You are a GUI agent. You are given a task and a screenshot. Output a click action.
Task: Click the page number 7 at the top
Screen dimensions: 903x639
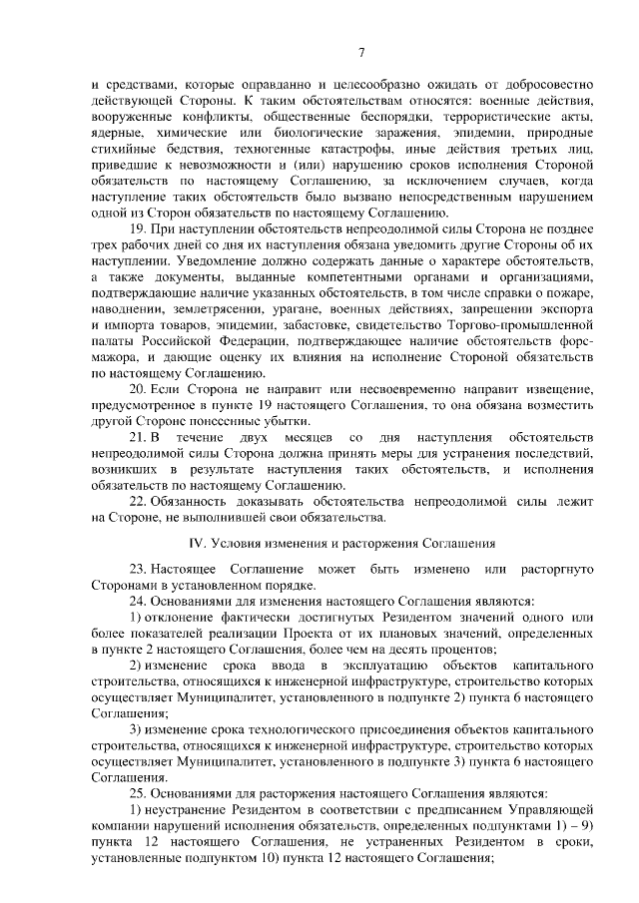tap(362, 53)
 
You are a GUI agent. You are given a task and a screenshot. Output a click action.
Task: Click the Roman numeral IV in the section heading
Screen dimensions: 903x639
tap(197, 544)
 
